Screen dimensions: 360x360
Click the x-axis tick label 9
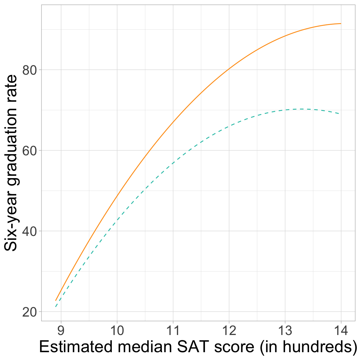tap(61, 331)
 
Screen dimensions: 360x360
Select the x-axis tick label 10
tap(117, 331)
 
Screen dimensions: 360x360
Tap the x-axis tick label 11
tap(173, 331)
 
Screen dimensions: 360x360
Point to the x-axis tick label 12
tap(229, 331)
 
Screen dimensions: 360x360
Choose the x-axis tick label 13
tap(285, 331)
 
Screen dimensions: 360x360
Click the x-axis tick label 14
tap(341, 331)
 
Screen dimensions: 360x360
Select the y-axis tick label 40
tap(30, 231)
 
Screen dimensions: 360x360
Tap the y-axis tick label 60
tap(30, 150)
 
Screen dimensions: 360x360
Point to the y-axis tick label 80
tap(30, 70)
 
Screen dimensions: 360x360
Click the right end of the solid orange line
tap(341, 23)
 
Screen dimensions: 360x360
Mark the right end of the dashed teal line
tap(340, 114)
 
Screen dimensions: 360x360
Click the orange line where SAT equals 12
tap(229, 68)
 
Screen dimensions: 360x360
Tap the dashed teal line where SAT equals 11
tap(173, 163)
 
